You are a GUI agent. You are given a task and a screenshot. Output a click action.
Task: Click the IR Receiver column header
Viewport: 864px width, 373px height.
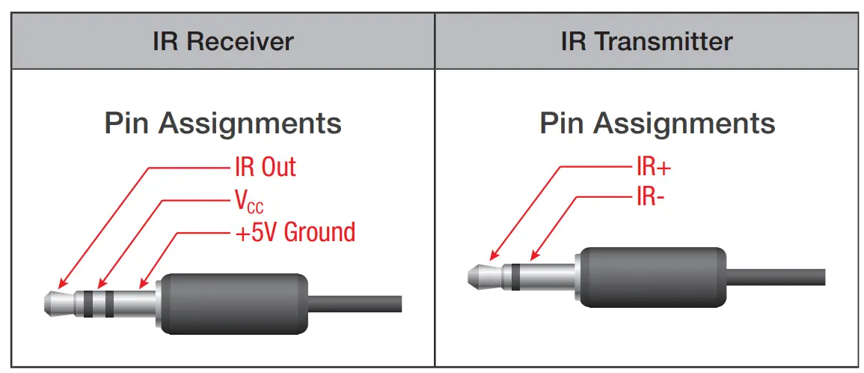click(x=223, y=41)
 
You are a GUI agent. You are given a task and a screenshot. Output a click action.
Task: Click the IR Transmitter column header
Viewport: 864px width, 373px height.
click(x=646, y=41)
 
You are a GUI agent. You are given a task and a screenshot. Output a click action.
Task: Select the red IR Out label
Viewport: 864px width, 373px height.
click(x=265, y=167)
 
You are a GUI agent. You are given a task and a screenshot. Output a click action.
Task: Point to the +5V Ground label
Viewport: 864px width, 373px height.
click(x=295, y=232)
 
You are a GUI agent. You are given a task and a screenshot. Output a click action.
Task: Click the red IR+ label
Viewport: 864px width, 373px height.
click(x=653, y=167)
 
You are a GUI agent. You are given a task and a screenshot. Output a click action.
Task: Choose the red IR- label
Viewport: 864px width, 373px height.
click(x=649, y=198)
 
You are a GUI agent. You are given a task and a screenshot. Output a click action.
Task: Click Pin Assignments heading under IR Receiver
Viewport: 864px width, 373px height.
click(x=223, y=123)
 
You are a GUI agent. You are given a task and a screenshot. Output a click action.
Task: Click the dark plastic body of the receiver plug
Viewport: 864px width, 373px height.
click(x=234, y=303)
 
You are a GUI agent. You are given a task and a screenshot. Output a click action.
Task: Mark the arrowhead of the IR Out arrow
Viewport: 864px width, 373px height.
click(x=61, y=286)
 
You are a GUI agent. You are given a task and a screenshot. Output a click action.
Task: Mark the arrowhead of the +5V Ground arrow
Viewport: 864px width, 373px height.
click(x=143, y=285)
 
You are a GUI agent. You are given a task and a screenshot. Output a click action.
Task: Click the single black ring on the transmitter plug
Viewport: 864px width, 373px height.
click(x=515, y=275)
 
